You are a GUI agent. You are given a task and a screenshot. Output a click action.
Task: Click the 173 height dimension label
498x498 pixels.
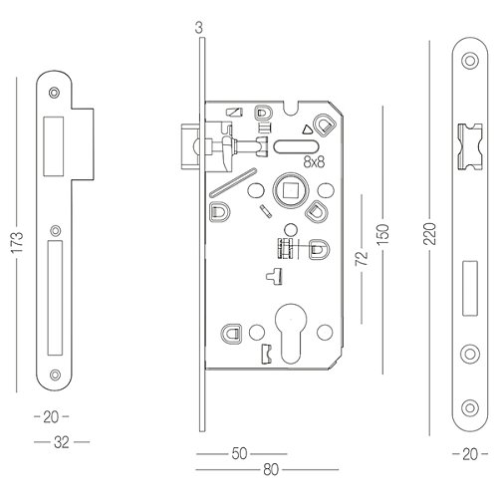(17, 243)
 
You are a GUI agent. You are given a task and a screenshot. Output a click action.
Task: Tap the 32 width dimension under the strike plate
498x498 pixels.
(62, 442)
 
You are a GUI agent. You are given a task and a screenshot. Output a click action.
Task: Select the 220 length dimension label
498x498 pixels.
(429, 234)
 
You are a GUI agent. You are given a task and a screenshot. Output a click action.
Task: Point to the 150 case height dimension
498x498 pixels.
(382, 234)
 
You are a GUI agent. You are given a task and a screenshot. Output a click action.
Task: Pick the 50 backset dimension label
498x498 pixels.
(239, 454)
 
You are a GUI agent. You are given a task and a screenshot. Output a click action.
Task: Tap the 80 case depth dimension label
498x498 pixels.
(271, 470)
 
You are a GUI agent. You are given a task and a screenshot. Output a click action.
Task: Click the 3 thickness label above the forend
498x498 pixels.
(198, 28)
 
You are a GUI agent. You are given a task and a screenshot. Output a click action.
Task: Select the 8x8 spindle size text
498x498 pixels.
(314, 162)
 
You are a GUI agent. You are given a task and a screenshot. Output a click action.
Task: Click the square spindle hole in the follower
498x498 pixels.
(291, 190)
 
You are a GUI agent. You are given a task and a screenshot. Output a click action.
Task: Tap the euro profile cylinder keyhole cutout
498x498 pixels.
(292, 333)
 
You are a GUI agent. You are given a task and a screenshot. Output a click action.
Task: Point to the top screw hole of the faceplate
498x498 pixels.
(470, 61)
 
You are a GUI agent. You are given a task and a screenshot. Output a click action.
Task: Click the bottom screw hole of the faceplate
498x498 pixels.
(470, 407)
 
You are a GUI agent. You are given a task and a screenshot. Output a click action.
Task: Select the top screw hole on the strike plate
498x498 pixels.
(54, 93)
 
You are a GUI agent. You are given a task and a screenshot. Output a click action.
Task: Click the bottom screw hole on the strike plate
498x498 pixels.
(55, 374)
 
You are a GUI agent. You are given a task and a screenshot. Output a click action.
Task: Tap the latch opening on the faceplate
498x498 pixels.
(470, 147)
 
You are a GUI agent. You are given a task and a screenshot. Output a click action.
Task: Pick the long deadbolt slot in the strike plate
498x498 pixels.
(55, 298)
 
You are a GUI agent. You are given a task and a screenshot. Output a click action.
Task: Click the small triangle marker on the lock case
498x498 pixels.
(308, 129)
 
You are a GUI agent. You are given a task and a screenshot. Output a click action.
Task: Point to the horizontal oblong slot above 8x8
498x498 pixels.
(296, 147)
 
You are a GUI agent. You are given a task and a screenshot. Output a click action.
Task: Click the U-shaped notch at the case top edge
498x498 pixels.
(292, 109)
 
